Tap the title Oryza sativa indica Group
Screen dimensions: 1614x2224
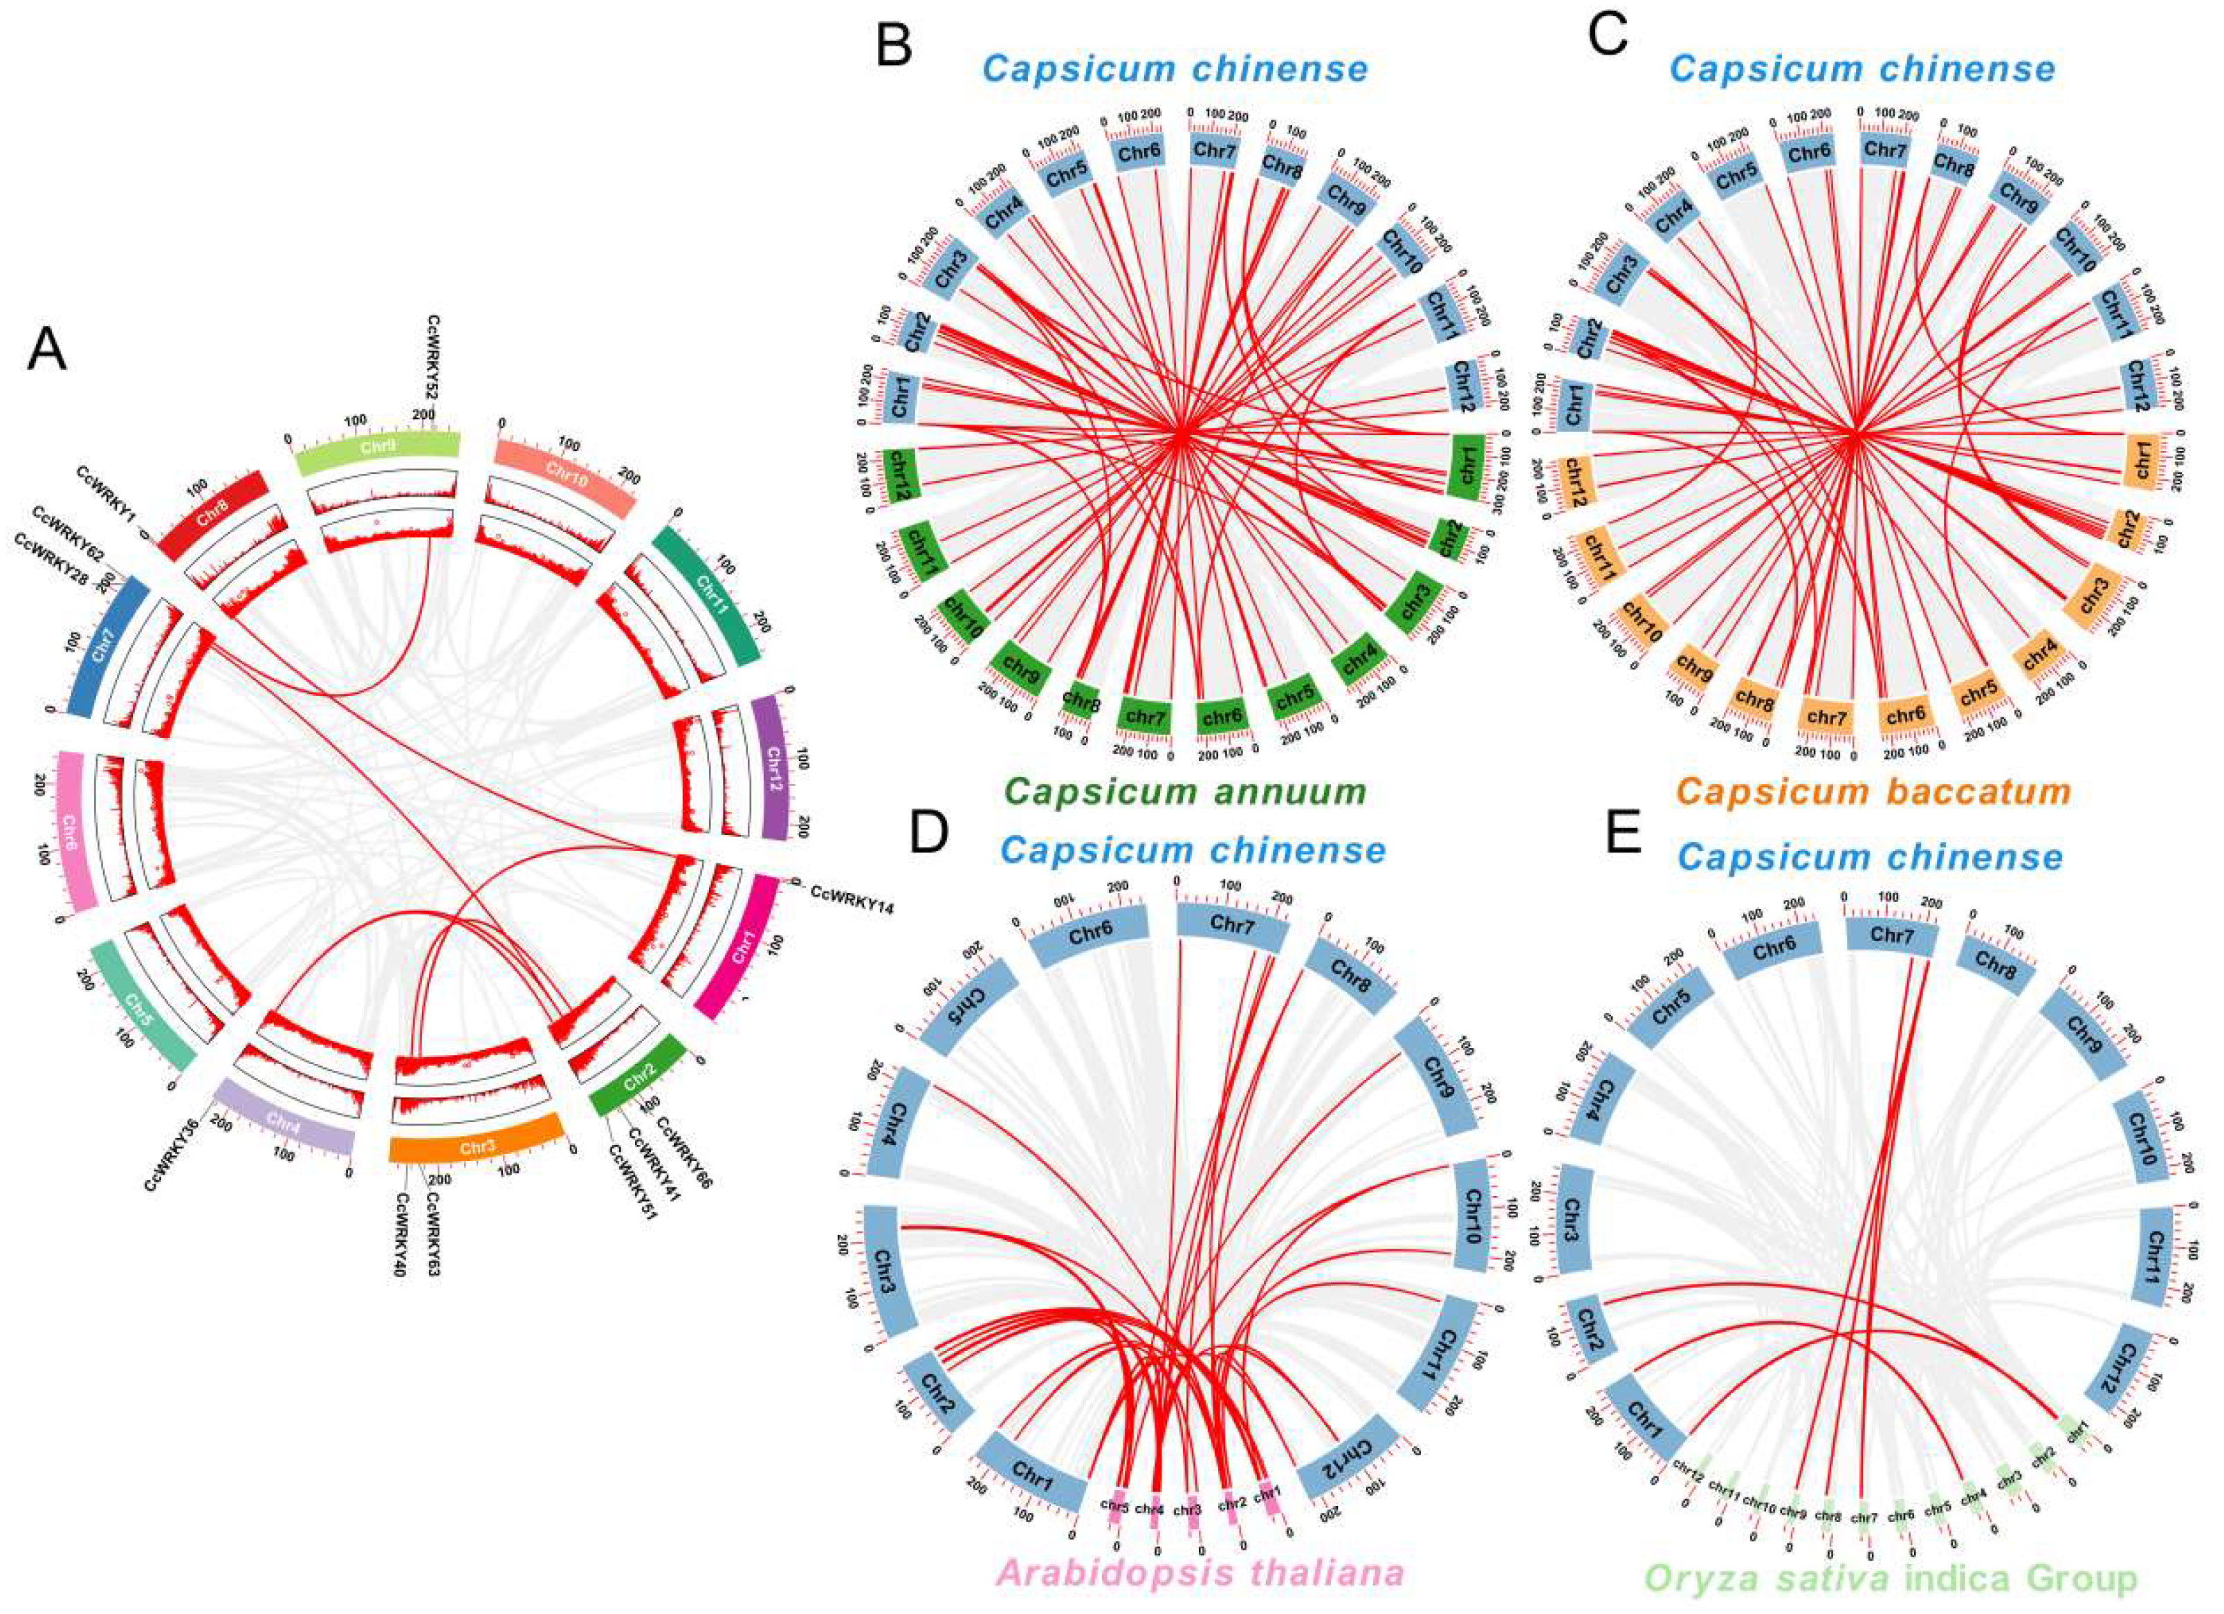tap(1891, 1579)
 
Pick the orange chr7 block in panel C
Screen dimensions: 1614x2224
tap(1827, 718)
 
